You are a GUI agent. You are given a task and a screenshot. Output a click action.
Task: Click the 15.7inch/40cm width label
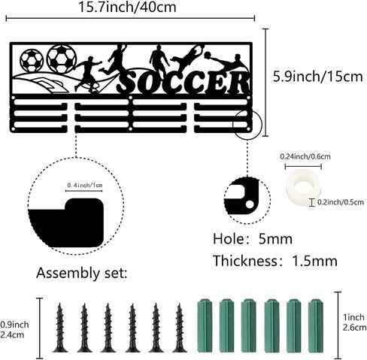pyautogui.click(x=127, y=7)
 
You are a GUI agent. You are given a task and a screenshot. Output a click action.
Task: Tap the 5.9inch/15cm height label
pyautogui.click(x=318, y=77)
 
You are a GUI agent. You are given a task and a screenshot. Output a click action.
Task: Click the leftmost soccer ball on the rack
pyautogui.click(x=32, y=60)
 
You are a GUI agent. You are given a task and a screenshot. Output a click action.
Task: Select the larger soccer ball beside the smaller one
pyautogui.click(x=62, y=59)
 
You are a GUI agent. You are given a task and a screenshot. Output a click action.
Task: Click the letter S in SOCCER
pyautogui.click(x=129, y=83)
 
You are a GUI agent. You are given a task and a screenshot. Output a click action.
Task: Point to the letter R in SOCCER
pyautogui.click(x=237, y=83)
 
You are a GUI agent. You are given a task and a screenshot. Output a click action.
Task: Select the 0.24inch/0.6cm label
pyautogui.click(x=305, y=156)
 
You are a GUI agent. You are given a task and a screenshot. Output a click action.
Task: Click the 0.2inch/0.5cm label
pyautogui.click(x=341, y=202)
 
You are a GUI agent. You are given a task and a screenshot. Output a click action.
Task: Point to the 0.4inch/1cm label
pyautogui.click(x=85, y=186)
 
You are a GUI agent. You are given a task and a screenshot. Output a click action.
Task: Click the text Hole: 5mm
pyautogui.click(x=253, y=239)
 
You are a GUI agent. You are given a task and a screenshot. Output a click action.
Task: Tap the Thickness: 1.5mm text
pyautogui.click(x=275, y=261)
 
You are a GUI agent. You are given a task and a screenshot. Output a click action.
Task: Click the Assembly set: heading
pyautogui.click(x=82, y=273)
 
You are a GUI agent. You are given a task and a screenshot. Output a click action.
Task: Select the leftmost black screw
pyautogui.click(x=60, y=328)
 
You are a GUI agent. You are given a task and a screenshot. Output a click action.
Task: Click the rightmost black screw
pyautogui.click(x=179, y=328)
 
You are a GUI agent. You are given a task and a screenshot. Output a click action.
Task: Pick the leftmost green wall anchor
pyautogui.click(x=205, y=325)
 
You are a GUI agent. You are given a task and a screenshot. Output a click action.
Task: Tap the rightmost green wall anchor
pyautogui.click(x=316, y=325)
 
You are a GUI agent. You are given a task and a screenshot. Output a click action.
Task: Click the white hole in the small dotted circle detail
pyautogui.click(x=250, y=204)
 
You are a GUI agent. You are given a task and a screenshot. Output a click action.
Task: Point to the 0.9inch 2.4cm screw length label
pyautogui.click(x=14, y=330)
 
